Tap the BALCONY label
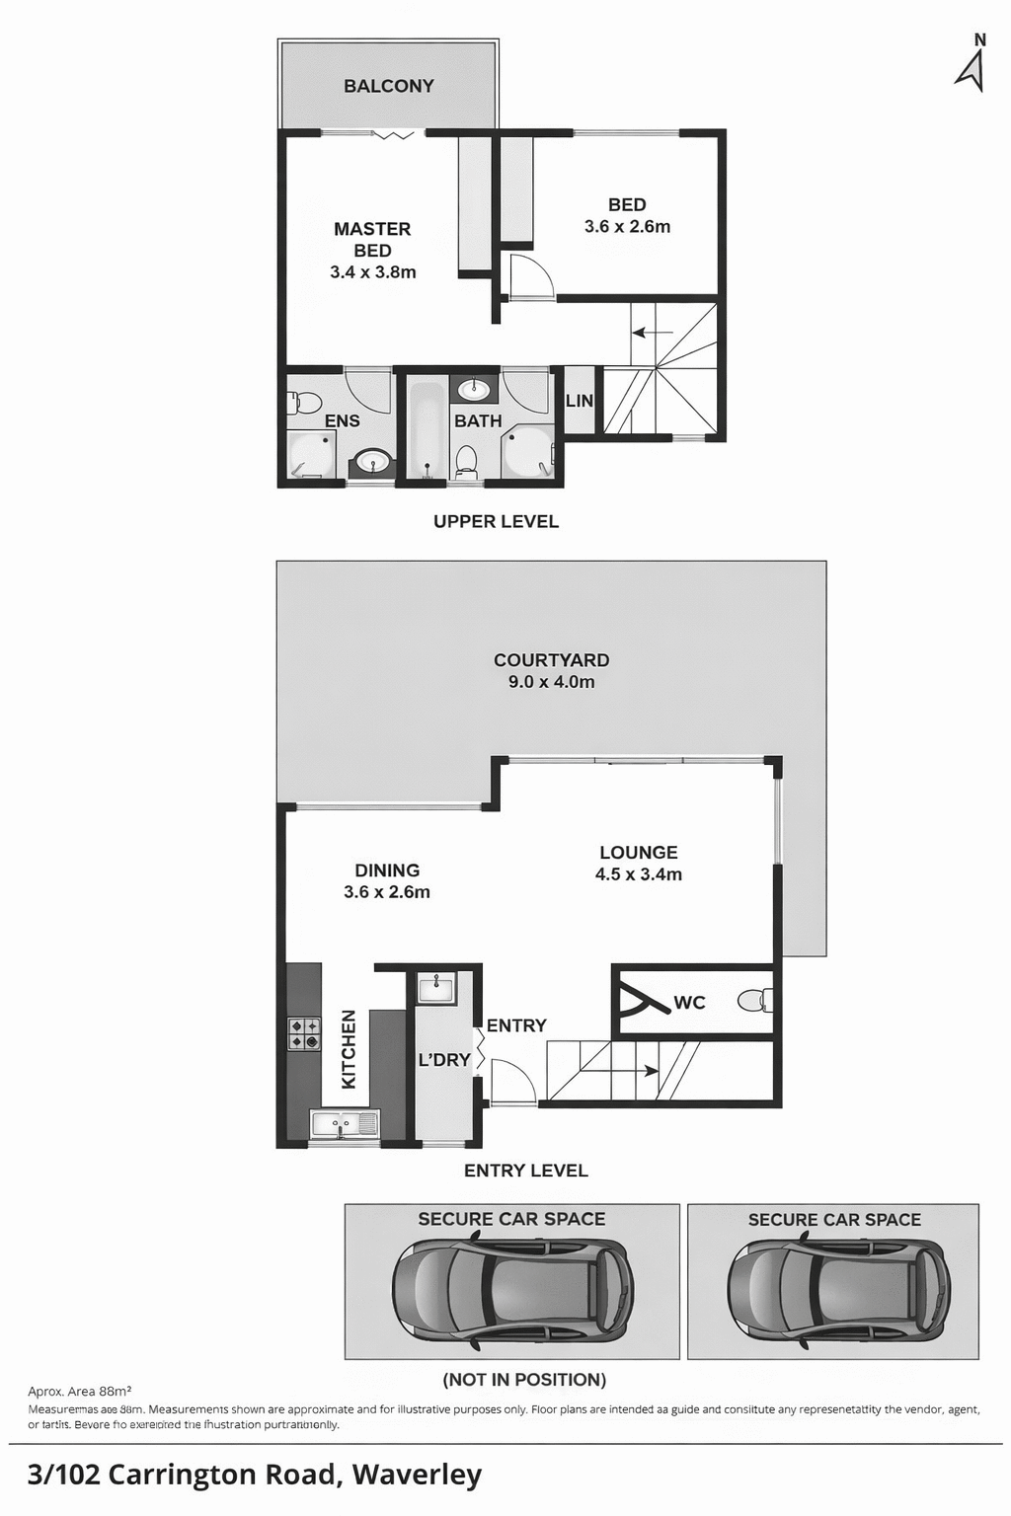point(388,86)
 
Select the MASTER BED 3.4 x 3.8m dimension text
point(372,272)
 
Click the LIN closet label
point(579,401)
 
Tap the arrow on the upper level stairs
point(652,333)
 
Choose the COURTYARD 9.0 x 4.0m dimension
point(551,682)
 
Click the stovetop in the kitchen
point(304,1033)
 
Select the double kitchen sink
point(345,1123)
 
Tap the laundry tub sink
point(435,987)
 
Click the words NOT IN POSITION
point(524,1380)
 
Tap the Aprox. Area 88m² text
point(80,1392)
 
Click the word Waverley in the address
point(417,1476)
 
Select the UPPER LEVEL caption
point(496,521)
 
